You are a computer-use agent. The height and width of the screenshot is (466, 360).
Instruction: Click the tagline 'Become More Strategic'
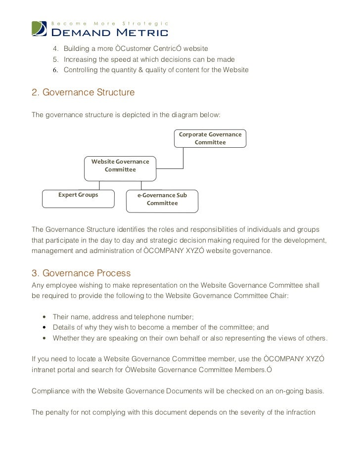pyautogui.click(x=111, y=23)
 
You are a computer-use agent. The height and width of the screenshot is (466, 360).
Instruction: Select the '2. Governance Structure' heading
pyautogui.click(x=83, y=92)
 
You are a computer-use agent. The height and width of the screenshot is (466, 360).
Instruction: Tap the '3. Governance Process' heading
pyautogui.click(x=81, y=273)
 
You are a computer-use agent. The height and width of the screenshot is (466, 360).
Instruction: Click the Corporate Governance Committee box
pyautogui.click(x=210, y=138)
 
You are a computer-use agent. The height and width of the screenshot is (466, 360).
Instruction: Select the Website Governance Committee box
pyautogui.click(x=120, y=166)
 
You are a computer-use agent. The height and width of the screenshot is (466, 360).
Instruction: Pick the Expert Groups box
pyautogui.click(x=78, y=195)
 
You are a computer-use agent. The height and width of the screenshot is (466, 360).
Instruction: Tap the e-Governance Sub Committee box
pyautogui.click(x=162, y=199)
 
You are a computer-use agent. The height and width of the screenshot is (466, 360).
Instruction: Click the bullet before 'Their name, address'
pyautogui.click(x=45, y=317)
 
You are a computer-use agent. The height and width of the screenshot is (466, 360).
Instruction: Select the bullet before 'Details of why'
pyautogui.click(x=45, y=328)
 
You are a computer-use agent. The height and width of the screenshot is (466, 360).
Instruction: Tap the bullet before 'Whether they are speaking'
pyautogui.click(x=45, y=339)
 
